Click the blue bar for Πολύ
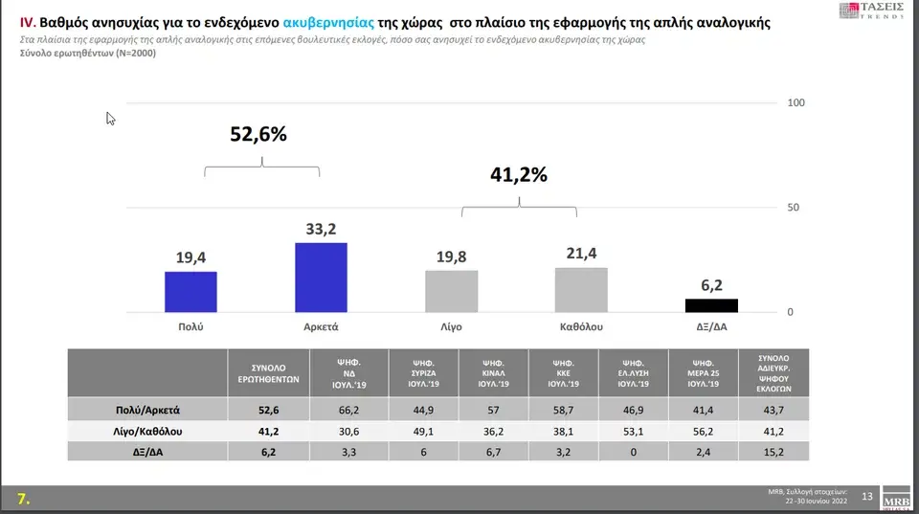pyautogui.click(x=191, y=292)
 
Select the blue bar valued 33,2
pyautogui.click(x=321, y=278)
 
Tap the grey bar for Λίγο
pyautogui.click(x=451, y=291)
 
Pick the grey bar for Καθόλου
pyautogui.click(x=581, y=290)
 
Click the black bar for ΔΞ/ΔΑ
pyautogui.click(x=711, y=305)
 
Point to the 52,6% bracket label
pyautogui.click(x=258, y=135)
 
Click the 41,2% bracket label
pyautogui.click(x=519, y=175)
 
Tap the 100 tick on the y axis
pyautogui.click(x=796, y=102)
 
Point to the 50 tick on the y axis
pyautogui.click(x=793, y=208)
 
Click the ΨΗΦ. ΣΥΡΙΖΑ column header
pyautogui.click(x=424, y=372)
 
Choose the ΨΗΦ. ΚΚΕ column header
pyautogui.click(x=563, y=372)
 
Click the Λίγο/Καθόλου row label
pyautogui.click(x=148, y=431)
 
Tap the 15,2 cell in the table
pyautogui.click(x=773, y=452)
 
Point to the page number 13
pyautogui.click(x=867, y=496)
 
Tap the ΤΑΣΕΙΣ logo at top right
pyautogui.click(x=870, y=11)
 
